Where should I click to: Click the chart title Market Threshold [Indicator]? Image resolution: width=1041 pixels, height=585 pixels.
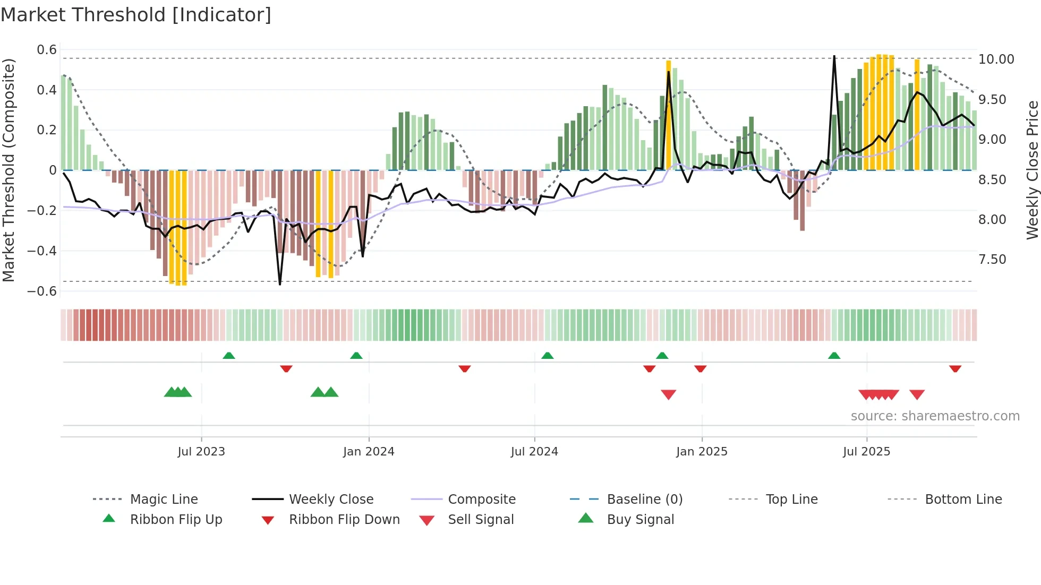[136, 15]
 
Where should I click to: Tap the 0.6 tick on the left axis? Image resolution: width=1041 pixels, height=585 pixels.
[47, 50]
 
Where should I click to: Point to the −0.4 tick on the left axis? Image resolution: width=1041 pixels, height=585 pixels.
[42, 251]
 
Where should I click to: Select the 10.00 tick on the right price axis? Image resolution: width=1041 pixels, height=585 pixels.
[996, 59]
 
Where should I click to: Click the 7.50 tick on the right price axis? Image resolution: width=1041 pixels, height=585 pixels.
[992, 260]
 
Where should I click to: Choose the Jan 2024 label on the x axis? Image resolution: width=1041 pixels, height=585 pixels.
[369, 452]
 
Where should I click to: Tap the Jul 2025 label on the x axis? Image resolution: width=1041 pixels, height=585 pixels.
[866, 452]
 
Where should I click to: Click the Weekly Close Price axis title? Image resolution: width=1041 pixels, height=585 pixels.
[1032, 170]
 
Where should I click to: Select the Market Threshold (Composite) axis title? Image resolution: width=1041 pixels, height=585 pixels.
[8, 170]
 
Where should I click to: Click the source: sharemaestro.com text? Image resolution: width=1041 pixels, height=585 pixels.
[935, 416]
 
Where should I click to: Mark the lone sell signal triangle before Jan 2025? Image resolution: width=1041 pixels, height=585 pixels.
[668, 394]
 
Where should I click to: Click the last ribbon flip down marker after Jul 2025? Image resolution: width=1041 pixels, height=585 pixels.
[955, 368]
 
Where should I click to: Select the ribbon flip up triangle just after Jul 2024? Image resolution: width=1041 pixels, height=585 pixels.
[547, 356]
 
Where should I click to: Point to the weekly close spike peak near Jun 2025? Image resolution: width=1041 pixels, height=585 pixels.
[834, 56]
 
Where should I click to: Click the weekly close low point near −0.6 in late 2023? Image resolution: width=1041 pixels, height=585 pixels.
[280, 284]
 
